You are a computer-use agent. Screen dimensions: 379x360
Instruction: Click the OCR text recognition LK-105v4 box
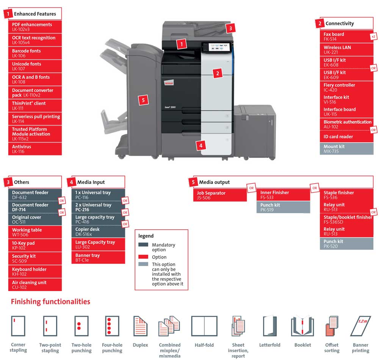pos(35,40)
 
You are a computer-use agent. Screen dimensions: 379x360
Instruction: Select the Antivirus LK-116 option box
pos(35,149)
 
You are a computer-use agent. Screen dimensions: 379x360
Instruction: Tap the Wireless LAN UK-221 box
pos(346,50)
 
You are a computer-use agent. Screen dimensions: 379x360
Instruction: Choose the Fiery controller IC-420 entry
pos(346,87)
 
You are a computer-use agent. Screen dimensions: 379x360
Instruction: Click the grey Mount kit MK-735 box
pos(346,149)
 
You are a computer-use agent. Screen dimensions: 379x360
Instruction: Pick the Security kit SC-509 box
pos(35,258)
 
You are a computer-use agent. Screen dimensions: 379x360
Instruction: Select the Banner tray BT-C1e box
pos(98,258)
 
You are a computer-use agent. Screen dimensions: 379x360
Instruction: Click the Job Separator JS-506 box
pos(220,195)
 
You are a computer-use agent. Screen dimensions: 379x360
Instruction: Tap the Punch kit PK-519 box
pos(283,207)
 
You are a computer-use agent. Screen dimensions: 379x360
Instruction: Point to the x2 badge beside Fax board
pos(373,37)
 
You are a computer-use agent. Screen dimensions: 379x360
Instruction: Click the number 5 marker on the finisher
pos(143,100)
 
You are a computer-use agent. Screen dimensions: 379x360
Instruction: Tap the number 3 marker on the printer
pos(230,28)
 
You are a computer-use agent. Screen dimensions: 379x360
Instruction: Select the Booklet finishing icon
pos(302,326)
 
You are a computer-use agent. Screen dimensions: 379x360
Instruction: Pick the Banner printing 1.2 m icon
pos(360,326)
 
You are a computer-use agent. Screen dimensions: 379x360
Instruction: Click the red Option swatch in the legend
pos(143,257)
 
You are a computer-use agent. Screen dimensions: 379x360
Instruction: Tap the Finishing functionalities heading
pos(50,302)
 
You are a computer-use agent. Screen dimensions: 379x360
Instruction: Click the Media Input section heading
pos(91,182)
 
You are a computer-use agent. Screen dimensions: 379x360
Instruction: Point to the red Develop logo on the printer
pos(169,83)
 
